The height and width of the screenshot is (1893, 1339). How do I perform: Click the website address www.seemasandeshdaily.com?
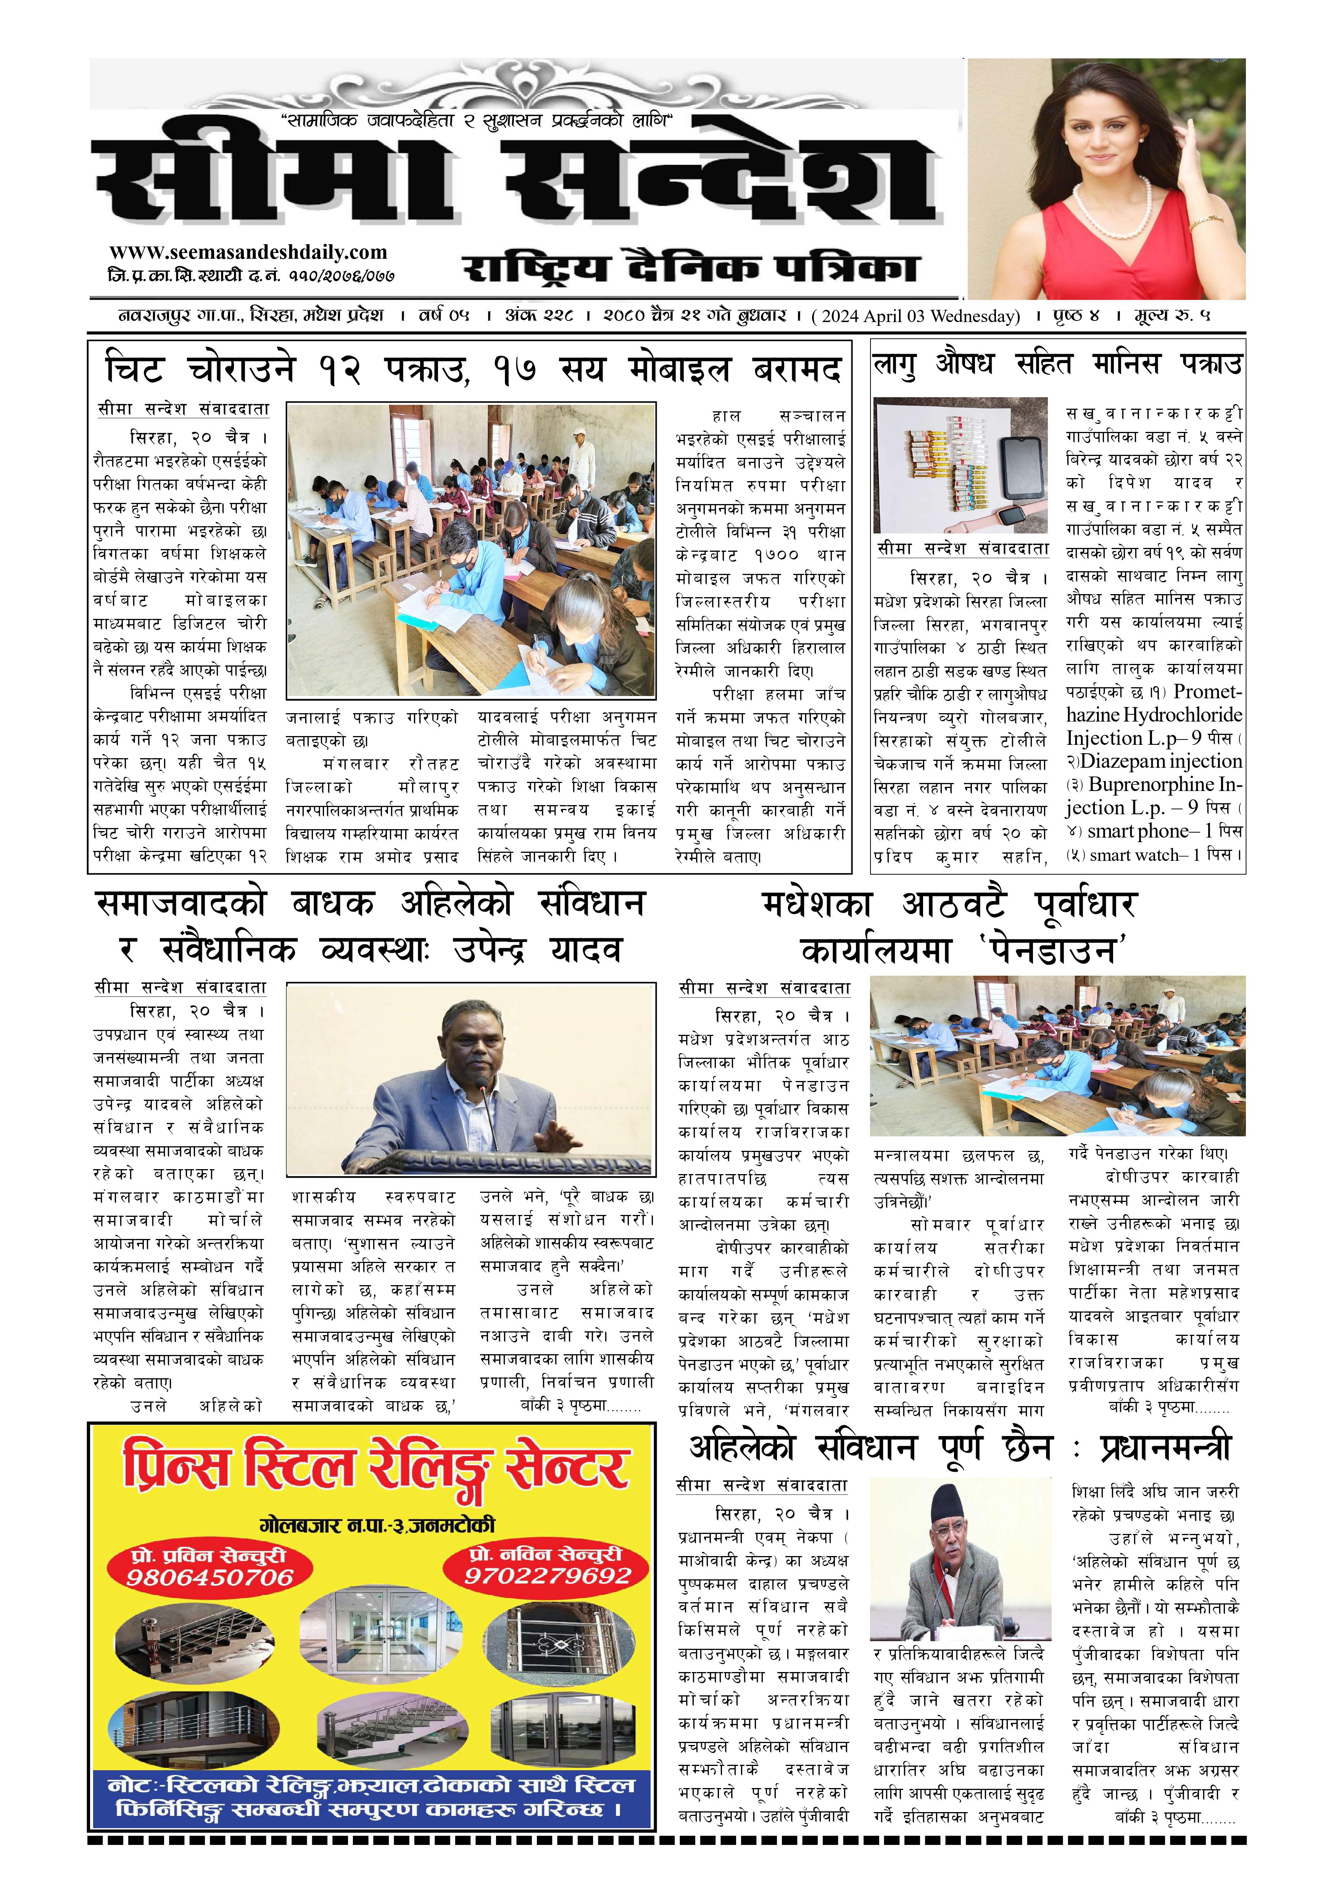point(247,252)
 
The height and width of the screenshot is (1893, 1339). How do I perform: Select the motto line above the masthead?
point(478,121)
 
